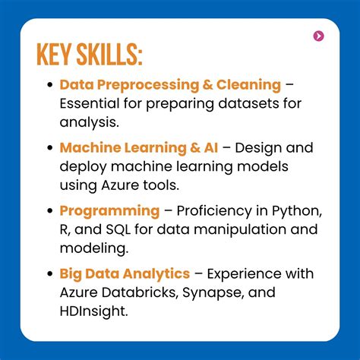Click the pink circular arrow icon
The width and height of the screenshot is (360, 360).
point(319,36)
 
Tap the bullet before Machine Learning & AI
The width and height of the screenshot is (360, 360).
point(50,148)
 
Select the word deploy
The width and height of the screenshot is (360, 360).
point(82,166)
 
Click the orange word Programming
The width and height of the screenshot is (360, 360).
point(109,210)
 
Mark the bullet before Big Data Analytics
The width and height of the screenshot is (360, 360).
point(50,274)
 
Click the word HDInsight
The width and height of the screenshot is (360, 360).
point(93,311)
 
